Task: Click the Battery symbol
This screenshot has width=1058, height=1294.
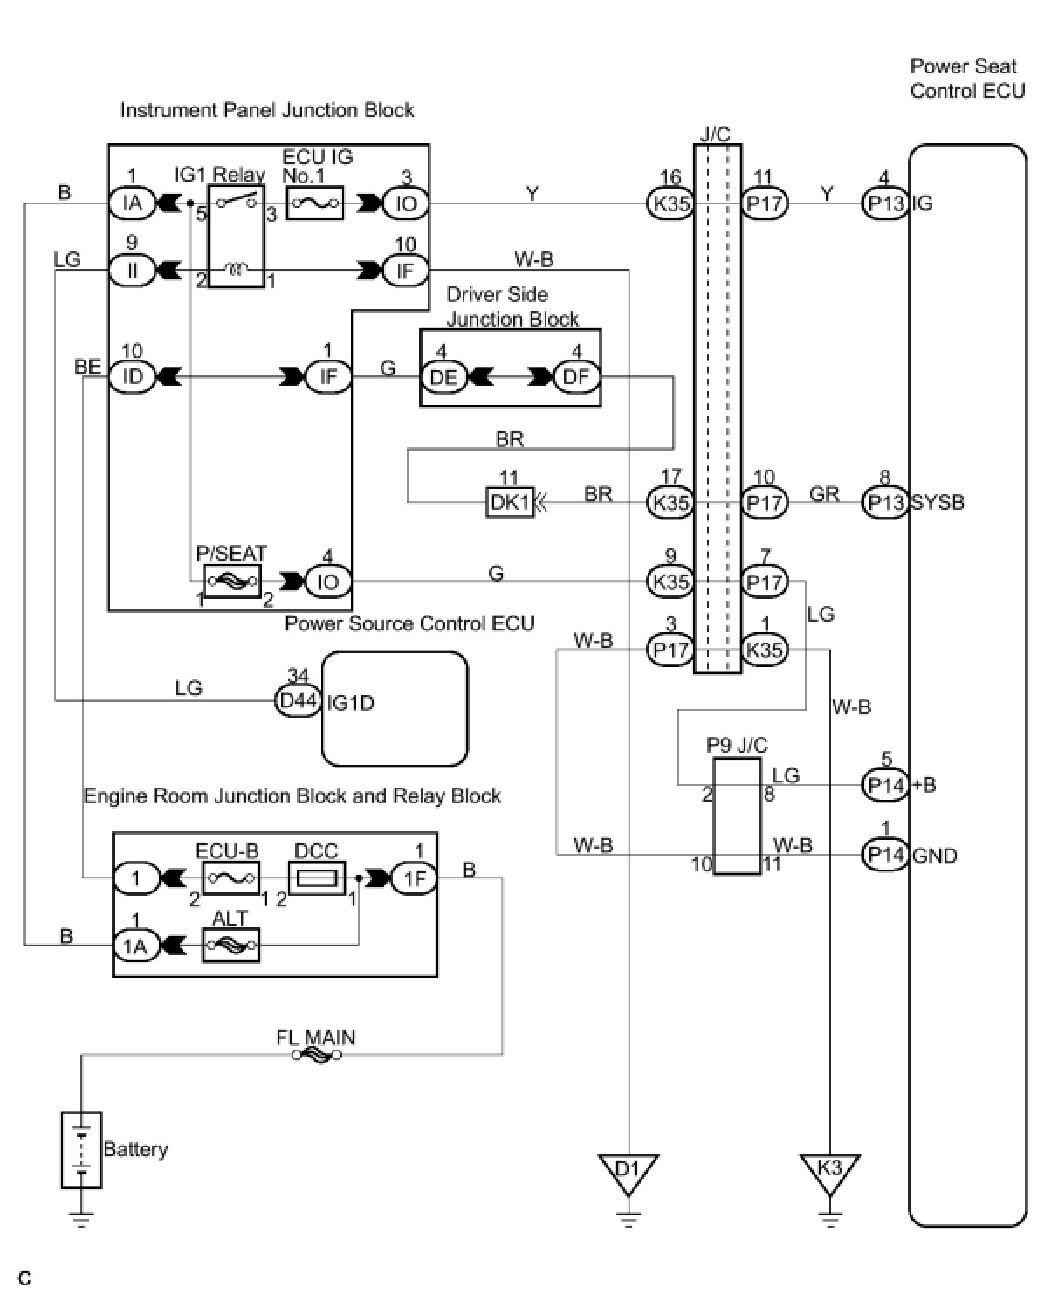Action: click(x=81, y=1149)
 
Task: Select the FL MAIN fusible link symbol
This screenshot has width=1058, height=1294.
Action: click(x=317, y=1055)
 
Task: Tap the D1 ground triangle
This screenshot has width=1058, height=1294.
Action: click(x=628, y=1174)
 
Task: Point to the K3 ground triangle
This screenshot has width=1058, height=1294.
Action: click(x=829, y=1174)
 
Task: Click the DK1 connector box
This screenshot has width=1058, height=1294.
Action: click(x=509, y=503)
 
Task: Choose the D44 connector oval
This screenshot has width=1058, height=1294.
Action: click(x=298, y=701)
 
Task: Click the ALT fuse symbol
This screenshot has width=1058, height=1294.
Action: click(x=230, y=945)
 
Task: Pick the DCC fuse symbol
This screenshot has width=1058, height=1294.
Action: click(x=316, y=877)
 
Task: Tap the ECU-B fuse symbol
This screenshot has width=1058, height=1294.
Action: click(x=230, y=877)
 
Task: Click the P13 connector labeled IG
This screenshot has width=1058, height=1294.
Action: click(x=885, y=203)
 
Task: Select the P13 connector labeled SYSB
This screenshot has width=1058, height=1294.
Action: click(x=885, y=503)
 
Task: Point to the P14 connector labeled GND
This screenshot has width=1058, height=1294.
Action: click(x=886, y=854)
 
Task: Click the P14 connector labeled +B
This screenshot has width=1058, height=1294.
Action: click(x=886, y=784)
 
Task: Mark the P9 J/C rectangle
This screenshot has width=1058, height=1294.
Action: click(x=737, y=816)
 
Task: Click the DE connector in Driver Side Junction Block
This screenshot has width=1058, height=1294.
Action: click(x=443, y=378)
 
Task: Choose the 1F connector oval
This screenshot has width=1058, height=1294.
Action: click(x=415, y=877)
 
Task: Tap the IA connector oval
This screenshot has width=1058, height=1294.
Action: click(x=132, y=203)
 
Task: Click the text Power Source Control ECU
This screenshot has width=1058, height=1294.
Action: click(x=409, y=623)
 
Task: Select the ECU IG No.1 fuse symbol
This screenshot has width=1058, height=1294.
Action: click(x=314, y=203)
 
